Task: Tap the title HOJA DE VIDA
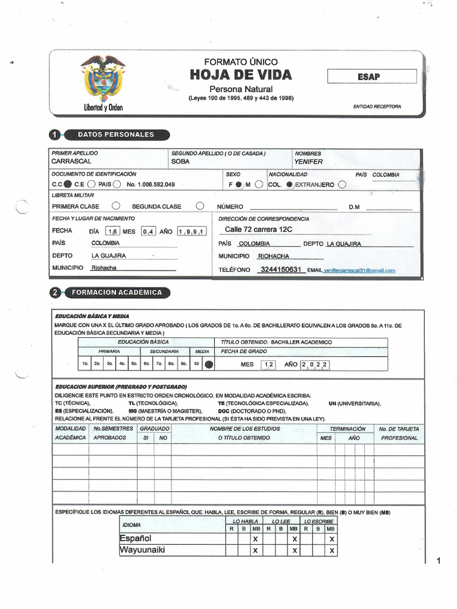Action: pyautogui.click(x=241, y=75)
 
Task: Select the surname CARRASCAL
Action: pyautogui.click(x=72, y=161)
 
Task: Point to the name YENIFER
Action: pyautogui.click(x=308, y=161)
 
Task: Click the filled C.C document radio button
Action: pyautogui.click(x=67, y=184)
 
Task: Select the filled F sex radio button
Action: pyautogui.click(x=239, y=184)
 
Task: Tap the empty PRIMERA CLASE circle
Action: pyautogui.click(x=115, y=206)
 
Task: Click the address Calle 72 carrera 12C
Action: pyautogui.click(x=258, y=230)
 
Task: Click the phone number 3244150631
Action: pyautogui.click(x=282, y=269)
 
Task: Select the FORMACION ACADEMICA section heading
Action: pyautogui.click(x=116, y=293)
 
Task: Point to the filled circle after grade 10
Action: pyautogui.click(x=209, y=365)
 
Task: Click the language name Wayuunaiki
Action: pyautogui.click(x=142, y=550)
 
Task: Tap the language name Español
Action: pyautogui.click(x=136, y=538)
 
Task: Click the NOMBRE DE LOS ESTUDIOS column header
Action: pyautogui.click(x=243, y=429)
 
